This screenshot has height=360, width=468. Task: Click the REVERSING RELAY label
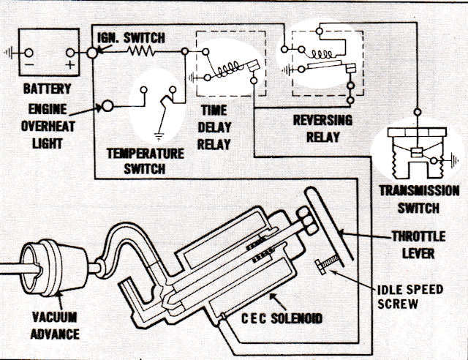point(322,127)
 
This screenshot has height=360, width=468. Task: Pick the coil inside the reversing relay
point(321,53)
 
